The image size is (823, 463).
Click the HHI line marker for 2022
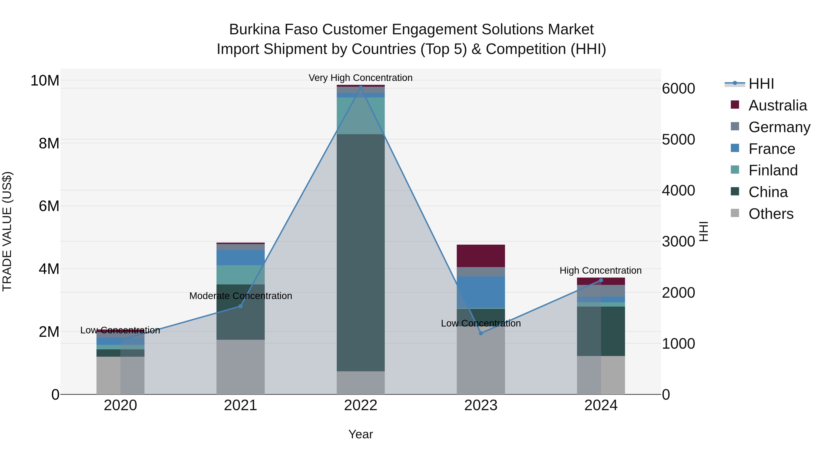pos(361,87)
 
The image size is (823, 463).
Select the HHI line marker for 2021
pos(240,306)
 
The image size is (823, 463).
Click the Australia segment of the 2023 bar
pos(481,256)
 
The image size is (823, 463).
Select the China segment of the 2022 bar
pos(361,252)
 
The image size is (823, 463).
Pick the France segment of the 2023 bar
pos(481,292)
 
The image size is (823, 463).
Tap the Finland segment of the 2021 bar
pos(240,275)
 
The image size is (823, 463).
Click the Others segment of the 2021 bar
pos(240,367)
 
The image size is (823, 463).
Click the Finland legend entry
pos(773,170)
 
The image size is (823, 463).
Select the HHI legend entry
pos(761,84)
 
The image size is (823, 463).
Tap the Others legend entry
pos(771,214)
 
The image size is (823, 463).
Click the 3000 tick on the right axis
pos(678,242)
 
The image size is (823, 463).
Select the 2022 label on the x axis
pos(361,405)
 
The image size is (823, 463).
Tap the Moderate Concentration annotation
pos(240,296)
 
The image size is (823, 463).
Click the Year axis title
pos(361,434)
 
